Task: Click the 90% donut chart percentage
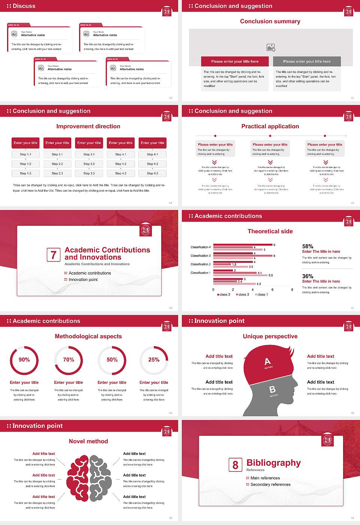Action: [24, 360]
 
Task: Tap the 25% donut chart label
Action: [154, 360]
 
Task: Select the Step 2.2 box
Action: [57, 164]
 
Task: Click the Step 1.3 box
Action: [26, 173]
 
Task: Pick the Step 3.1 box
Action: [89, 154]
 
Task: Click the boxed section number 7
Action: [54, 255]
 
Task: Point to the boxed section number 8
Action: [235, 465]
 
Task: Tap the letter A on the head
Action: [267, 361]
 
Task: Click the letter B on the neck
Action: [273, 390]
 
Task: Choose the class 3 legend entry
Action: [224, 294]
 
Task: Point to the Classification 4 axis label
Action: [201, 247]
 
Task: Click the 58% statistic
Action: [307, 246]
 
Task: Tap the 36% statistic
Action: [307, 276]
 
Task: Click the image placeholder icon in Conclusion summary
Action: [271, 48]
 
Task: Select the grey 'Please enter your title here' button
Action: [307, 61]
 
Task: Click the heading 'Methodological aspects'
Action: [88, 336]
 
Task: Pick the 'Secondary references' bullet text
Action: [270, 484]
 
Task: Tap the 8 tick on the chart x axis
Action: [292, 289]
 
